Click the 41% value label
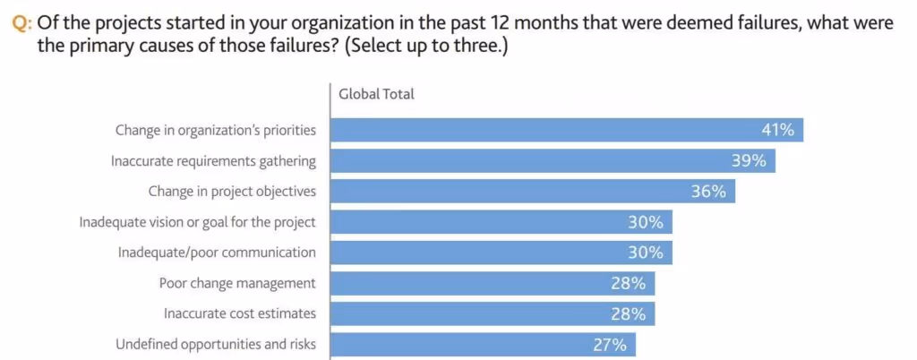coord(777,131)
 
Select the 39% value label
coord(749,161)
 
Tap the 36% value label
coord(708,192)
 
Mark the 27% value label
coord(610,345)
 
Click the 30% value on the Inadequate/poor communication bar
coord(645,253)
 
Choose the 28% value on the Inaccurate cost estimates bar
coord(628,314)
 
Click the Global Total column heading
coord(376,94)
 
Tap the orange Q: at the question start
coord(22,22)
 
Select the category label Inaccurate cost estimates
coord(239,314)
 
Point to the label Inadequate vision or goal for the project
coord(197,222)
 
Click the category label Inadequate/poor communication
coord(217,253)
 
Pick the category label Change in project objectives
coord(231,192)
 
